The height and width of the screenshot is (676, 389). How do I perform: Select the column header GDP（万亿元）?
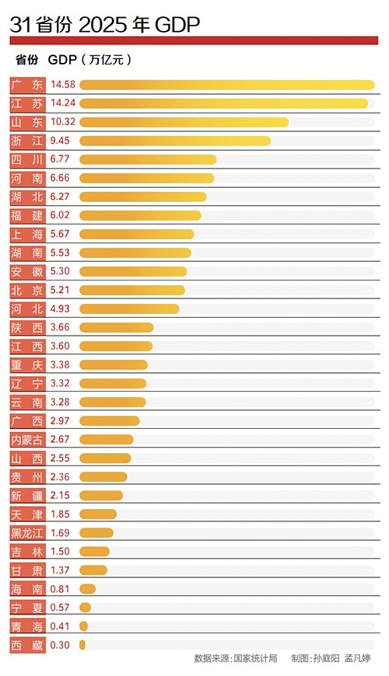(89, 59)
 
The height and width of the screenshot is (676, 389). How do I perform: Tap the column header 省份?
(26, 59)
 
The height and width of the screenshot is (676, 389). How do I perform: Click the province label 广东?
(27, 84)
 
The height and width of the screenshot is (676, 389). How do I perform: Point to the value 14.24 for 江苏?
(63, 103)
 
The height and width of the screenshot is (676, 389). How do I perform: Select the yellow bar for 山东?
(184, 122)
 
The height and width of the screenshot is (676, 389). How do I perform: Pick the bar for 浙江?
(175, 141)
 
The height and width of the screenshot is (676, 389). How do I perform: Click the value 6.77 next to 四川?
(61, 159)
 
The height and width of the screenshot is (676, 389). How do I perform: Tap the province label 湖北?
(27, 197)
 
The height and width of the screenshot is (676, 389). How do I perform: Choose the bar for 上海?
(136, 234)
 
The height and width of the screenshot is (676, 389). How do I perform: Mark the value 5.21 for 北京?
(61, 291)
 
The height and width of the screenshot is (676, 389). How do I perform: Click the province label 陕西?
(27, 328)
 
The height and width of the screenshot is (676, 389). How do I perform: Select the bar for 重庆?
(113, 365)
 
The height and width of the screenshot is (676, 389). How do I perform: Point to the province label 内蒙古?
(27, 440)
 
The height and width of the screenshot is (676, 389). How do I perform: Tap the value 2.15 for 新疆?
(61, 496)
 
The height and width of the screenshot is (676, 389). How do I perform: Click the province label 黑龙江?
(27, 533)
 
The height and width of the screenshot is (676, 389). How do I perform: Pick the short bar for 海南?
(87, 589)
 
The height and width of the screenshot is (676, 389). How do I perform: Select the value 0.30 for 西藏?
(61, 645)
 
